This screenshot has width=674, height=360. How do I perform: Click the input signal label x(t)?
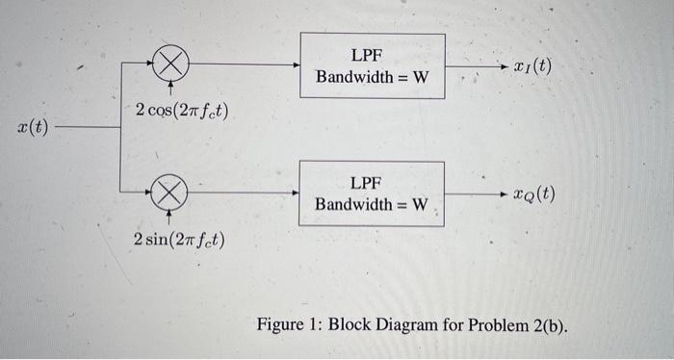[34, 127]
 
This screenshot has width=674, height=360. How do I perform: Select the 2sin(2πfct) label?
[180, 238]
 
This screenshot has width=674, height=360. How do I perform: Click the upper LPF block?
[373, 65]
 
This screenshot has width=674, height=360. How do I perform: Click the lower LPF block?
[373, 193]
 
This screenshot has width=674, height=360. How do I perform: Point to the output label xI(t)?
[532, 67]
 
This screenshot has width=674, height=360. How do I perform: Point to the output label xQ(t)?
[532, 193]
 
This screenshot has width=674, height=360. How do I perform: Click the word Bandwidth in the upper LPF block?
[353, 77]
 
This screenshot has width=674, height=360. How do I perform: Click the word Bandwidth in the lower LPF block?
[353, 204]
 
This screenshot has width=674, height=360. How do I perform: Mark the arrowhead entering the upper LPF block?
[297, 65]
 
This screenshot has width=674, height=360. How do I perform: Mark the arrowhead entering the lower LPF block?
[297, 193]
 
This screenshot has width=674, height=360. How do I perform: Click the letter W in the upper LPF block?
[420, 77]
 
